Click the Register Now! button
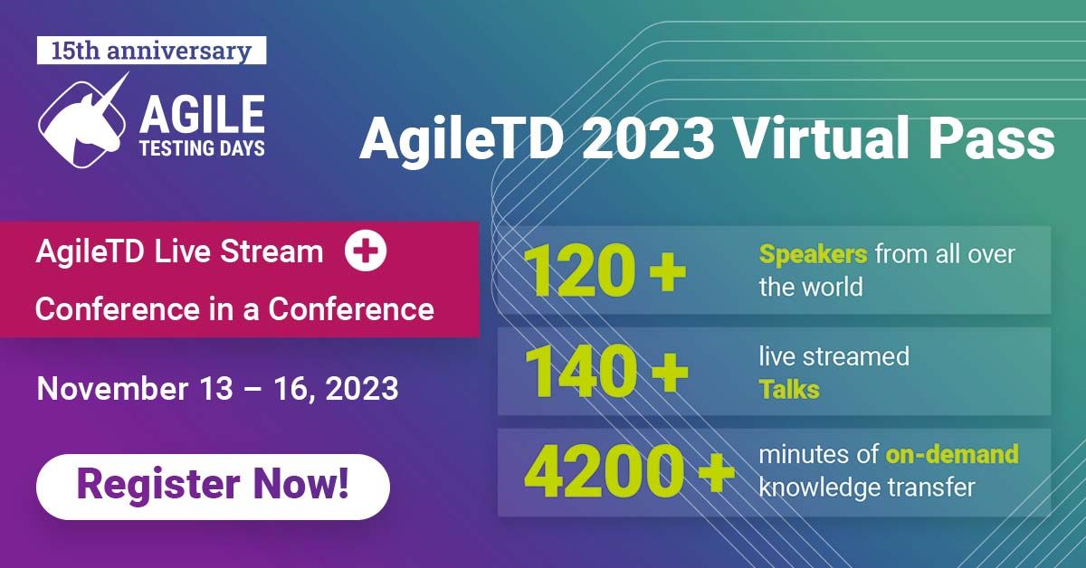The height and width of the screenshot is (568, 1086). tap(213, 486)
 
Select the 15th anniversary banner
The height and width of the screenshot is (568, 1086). tap(151, 51)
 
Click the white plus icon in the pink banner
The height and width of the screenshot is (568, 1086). tap(366, 252)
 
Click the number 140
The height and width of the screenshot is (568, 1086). tap(578, 372)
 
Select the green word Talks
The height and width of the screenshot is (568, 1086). tap(789, 390)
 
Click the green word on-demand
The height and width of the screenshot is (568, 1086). tap(952, 453)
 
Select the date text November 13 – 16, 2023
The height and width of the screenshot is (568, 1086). tap(217, 388)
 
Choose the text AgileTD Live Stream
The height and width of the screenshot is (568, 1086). tap(179, 252)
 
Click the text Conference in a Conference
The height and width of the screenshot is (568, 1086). tap(234, 309)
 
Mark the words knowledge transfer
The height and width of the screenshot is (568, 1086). tap(866, 487)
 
